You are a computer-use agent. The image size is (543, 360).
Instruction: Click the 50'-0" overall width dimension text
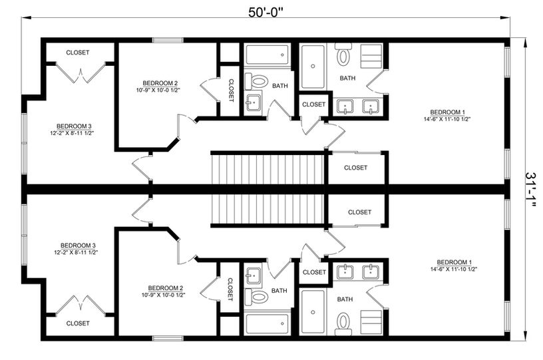point(266,13)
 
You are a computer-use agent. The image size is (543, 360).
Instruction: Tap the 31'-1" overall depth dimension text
point(530,190)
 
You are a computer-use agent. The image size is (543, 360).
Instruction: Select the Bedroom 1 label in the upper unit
point(447,112)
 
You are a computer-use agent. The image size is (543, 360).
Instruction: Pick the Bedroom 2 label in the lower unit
point(165,288)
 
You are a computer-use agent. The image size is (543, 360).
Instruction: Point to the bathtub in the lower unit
point(267,324)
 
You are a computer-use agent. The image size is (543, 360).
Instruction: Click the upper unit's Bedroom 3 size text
point(72,132)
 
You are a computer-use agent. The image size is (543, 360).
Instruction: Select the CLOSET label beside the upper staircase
point(355,168)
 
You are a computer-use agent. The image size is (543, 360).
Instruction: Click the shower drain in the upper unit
point(313,66)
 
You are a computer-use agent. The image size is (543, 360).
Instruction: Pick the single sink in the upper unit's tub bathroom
point(254,102)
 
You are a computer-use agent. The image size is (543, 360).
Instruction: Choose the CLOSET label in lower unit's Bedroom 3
point(78,323)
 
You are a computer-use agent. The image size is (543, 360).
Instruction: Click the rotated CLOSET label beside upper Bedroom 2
point(231,90)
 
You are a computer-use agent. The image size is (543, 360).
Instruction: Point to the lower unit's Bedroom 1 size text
point(454,269)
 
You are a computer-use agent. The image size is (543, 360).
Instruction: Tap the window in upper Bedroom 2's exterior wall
point(168,40)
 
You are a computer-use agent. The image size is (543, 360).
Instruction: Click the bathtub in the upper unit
point(267,55)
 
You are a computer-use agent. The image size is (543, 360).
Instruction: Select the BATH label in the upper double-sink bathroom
point(347,79)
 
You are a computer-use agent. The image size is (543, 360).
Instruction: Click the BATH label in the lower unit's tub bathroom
point(279,291)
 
